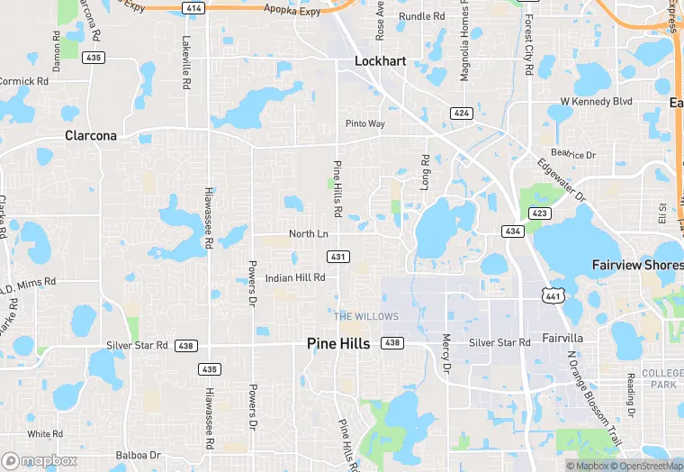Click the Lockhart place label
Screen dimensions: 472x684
(381, 61)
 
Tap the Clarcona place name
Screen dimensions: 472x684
(92, 135)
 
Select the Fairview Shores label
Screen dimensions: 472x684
(637, 265)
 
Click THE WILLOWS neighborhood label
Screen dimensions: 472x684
(366, 316)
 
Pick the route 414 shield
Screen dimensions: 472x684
(192, 8)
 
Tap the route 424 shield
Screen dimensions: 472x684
(462, 113)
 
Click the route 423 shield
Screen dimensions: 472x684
(539, 213)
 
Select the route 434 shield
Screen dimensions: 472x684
(513, 231)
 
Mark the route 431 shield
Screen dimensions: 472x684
(338, 257)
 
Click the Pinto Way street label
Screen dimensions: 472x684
(365, 123)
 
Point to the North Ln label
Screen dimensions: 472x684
(308, 234)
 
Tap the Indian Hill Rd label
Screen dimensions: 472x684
(295, 277)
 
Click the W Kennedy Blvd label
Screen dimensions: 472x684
(596, 102)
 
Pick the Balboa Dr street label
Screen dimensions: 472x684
(138, 456)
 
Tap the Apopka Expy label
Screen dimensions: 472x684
(292, 9)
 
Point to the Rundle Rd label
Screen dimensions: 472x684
(422, 16)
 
